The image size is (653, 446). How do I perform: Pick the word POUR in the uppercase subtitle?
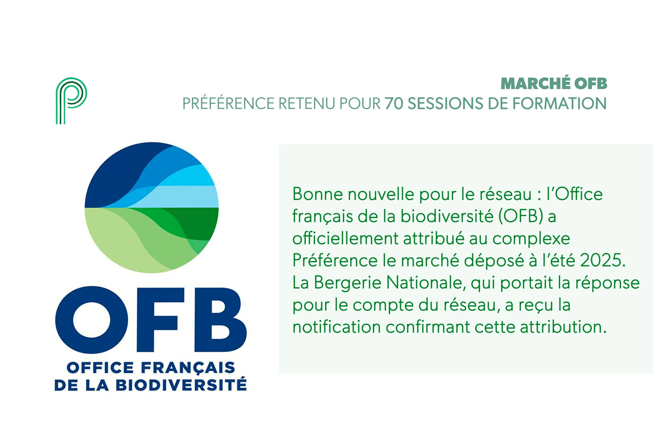(360, 103)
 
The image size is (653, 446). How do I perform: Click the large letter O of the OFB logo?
(92, 319)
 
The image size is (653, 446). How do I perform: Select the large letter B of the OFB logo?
(221, 319)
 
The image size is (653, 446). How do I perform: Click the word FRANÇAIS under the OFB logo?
(188, 368)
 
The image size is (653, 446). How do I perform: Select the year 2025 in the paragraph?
(602, 260)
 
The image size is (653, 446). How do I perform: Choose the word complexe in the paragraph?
(531, 239)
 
